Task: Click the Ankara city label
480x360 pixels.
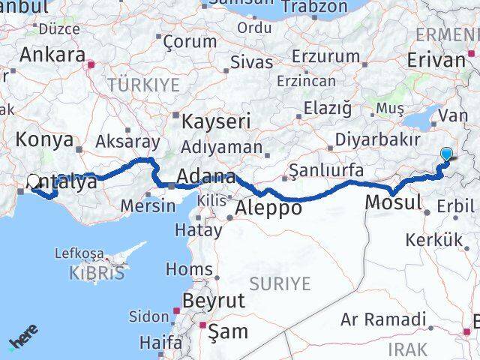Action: [x=52, y=54]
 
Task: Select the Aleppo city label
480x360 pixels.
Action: [x=268, y=208]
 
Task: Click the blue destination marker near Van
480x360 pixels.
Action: [x=447, y=155]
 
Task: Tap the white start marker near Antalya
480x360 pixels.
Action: [x=34, y=181]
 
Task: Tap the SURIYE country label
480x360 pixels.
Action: [x=280, y=283]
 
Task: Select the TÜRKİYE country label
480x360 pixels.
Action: [x=139, y=85]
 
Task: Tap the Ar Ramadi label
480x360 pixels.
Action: [x=382, y=319]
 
